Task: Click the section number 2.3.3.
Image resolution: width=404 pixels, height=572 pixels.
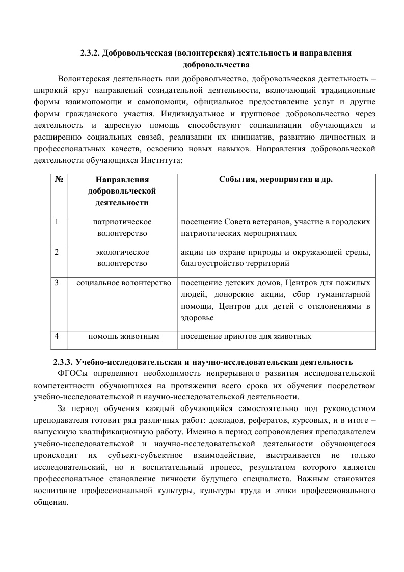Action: (63, 362)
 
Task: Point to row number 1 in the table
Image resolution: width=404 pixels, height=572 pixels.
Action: (57, 222)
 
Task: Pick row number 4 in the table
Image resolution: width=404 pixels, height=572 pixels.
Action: (57, 336)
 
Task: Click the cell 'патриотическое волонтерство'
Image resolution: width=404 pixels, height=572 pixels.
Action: (122, 227)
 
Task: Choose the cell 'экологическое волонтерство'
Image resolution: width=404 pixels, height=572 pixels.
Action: (122, 258)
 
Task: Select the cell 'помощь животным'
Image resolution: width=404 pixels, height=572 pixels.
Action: (124, 336)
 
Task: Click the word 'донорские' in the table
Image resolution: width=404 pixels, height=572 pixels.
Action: (237, 294)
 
